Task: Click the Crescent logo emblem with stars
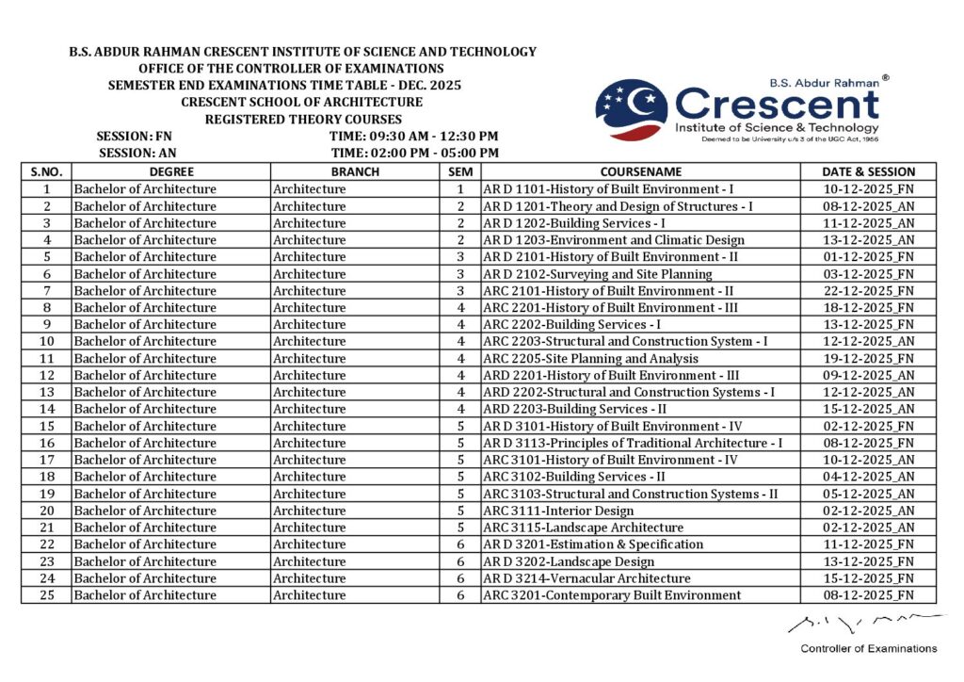point(632,109)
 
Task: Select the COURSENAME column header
point(640,172)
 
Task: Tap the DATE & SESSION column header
point(868,172)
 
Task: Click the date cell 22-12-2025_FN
point(868,291)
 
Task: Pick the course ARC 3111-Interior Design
point(558,511)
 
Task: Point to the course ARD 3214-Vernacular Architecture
point(586,578)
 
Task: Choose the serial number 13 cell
point(46,392)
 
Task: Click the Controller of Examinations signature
point(865,622)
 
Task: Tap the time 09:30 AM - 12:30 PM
point(414,137)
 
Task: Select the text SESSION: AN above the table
point(137,153)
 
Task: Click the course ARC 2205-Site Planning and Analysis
point(590,359)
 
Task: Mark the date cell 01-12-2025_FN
point(868,257)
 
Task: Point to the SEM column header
point(459,172)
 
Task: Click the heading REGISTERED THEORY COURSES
point(303,120)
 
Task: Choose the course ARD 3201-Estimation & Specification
point(593,544)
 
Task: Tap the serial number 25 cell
point(46,595)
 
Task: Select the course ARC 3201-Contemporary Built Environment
point(612,595)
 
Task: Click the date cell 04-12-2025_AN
point(868,477)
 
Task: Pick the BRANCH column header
point(355,172)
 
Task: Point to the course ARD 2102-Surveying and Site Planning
point(598,274)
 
